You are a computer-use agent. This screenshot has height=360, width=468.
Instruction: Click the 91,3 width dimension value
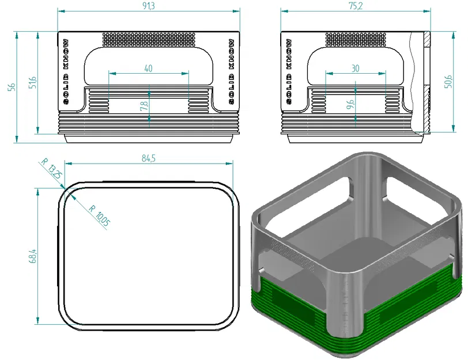click(148, 6)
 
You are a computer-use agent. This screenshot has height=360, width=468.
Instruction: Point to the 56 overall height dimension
click(10, 87)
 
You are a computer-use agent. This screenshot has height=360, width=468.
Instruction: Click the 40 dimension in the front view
click(148, 68)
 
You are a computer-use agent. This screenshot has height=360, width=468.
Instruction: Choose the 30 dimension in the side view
click(355, 68)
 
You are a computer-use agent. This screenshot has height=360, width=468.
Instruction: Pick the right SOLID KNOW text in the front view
click(231, 71)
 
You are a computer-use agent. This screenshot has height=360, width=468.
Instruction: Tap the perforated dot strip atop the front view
click(149, 39)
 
